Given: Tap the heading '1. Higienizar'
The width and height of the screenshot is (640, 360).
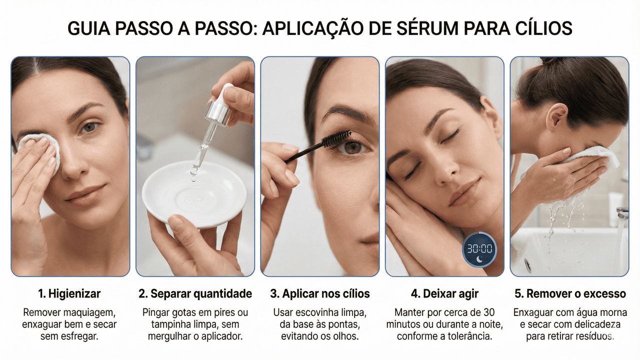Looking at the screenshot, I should [69, 293].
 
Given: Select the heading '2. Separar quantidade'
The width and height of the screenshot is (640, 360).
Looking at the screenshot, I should [195, 293].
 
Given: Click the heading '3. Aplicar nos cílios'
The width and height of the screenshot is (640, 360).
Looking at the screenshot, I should [320, 293].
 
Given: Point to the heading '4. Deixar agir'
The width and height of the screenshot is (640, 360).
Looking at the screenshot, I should [444, 293].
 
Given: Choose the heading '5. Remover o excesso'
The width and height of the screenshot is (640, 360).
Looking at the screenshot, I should [569, 293].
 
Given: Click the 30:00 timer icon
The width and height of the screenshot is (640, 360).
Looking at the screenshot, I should [479, 248].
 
